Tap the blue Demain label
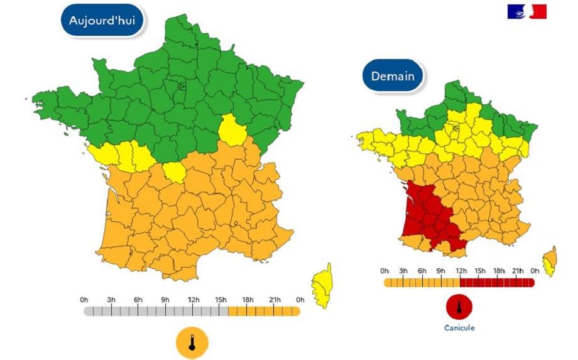393,77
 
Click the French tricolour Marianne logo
526,11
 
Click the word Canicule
459,328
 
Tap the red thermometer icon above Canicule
459,307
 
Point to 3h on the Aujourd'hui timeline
111,300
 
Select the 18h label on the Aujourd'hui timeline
248,300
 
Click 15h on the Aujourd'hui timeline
221,300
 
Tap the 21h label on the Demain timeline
516,271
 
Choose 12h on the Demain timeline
460,271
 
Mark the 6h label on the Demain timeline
422,271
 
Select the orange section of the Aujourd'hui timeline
264,311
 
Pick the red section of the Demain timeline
496,283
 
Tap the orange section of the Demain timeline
421,283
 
